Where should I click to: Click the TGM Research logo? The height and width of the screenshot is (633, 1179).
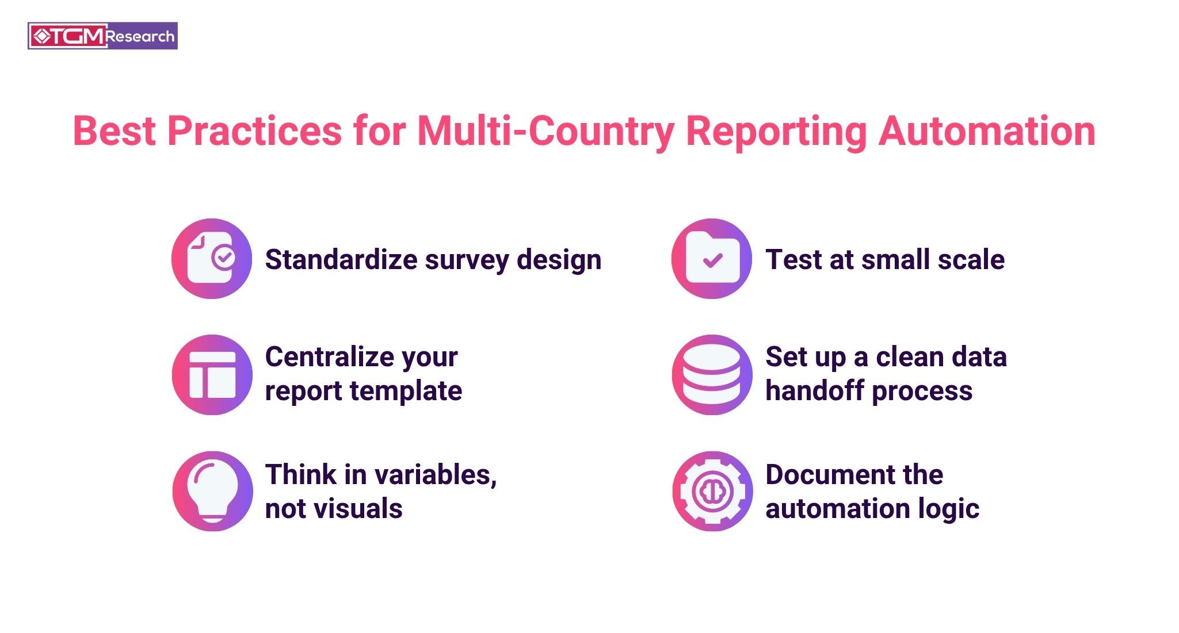point(102,36)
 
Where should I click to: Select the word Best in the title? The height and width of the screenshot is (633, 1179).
point(115,132)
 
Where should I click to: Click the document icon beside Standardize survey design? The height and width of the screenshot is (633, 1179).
point(212,259)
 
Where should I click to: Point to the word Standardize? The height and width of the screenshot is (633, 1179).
point(341,260)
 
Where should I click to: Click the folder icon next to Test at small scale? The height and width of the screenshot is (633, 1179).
point(712,259)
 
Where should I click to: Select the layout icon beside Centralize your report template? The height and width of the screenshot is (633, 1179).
point(212,375)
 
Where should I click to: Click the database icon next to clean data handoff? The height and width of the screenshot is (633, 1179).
point(712,375)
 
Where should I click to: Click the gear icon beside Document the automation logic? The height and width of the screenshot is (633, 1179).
point(712,491)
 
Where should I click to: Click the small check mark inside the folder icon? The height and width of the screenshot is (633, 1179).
point(712,261)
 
